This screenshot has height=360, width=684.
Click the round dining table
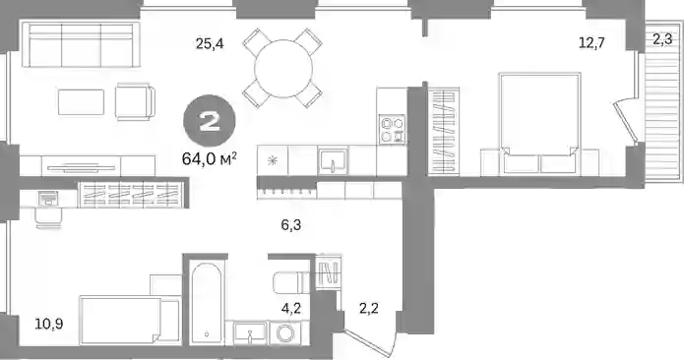point(283,69)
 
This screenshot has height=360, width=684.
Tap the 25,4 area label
point(210,43)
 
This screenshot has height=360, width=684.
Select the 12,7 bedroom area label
point(591,42)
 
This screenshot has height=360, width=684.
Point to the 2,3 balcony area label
point(662,40)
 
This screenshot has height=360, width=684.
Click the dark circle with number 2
point(210,122)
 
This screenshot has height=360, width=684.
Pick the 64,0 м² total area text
point(210,158)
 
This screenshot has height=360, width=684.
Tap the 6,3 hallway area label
point(291,225)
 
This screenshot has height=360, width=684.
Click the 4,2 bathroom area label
point(291,309)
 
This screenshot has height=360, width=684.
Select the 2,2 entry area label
point(369,309)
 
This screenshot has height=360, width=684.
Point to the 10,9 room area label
point(49,324)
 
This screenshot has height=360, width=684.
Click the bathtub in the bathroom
point(207,302)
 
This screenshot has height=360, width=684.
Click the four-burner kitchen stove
point(392,130)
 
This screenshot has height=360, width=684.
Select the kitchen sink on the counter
point(333,161)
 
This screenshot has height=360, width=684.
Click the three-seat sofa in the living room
point(81,45)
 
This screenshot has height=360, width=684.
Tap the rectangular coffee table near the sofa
point(81,102)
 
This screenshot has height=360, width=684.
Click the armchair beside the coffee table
point(135,102)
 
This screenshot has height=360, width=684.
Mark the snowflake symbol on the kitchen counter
point(273,161)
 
